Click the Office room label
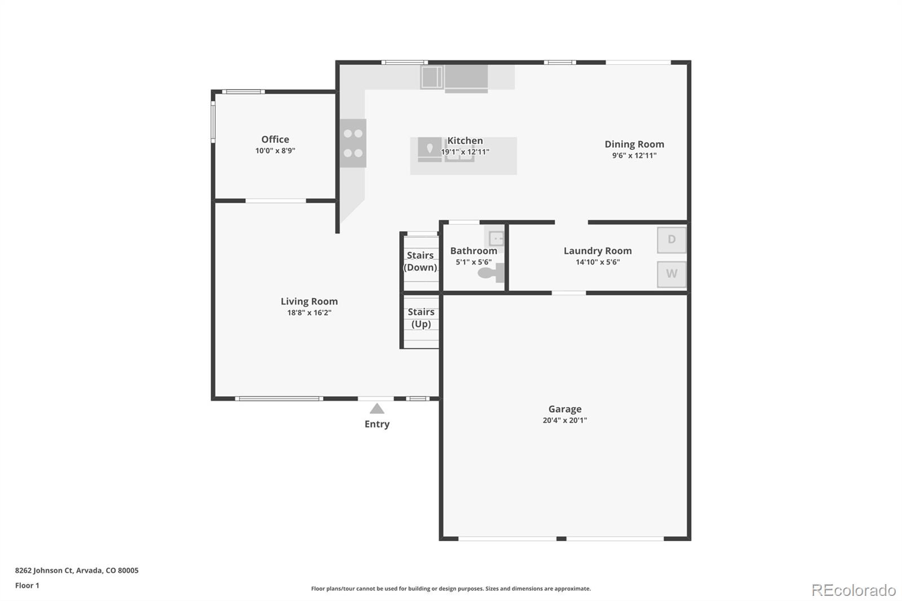[275, 139]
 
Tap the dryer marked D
[671, 240]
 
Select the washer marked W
[671, 274]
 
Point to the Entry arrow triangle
[377, 409]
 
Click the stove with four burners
[353, 143]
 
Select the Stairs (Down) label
[421, 262]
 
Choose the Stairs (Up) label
[421, 318]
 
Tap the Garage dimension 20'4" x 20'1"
[565, 420]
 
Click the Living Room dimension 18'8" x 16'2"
[309, 313]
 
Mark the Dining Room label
[634, 144]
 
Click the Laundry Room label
[598, 251]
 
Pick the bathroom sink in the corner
[496, 238]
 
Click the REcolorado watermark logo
[853, 590]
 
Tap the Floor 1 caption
[27, 585]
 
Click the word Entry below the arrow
[377, 424]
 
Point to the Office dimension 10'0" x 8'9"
[275, 151]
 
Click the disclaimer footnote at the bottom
[451, 589]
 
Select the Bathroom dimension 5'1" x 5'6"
[474, 262]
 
